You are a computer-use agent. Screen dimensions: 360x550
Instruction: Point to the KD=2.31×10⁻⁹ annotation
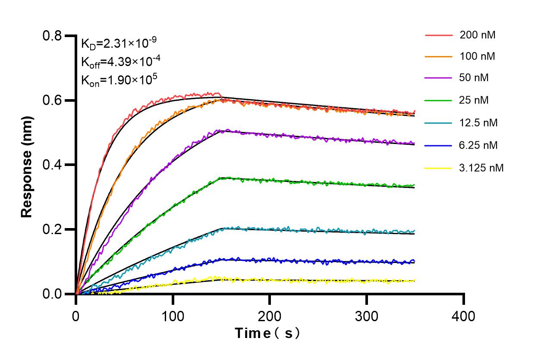pos(119,43)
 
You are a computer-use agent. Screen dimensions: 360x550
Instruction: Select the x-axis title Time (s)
pos(267,333)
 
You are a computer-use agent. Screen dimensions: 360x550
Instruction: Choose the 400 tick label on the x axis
pos(464,316)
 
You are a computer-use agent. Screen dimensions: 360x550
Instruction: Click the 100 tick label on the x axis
pos(173,316)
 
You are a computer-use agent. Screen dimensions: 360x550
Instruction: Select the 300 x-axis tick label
pos(367,316)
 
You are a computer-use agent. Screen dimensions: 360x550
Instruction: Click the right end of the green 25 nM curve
pos(415,185)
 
